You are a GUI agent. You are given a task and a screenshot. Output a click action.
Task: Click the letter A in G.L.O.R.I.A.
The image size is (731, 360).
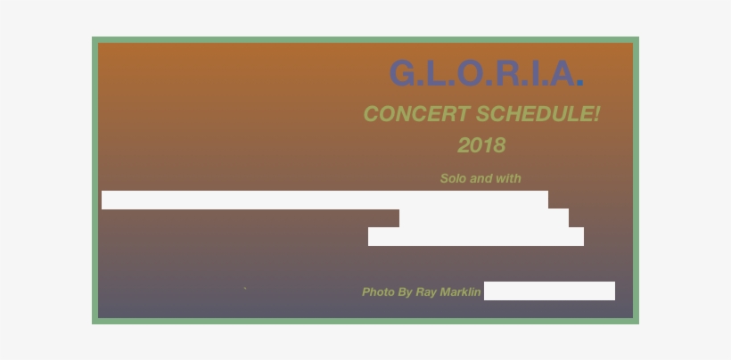(x=563, y=74)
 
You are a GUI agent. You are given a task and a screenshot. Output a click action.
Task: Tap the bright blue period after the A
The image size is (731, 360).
(x=580, y=84)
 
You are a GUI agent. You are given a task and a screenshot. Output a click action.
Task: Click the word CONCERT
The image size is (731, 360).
(x=416, y=115)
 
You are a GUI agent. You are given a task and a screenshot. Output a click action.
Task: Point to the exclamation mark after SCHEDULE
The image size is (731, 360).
(x=596, y=115)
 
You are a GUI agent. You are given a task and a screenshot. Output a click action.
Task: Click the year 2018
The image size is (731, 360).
(x=481, y=145)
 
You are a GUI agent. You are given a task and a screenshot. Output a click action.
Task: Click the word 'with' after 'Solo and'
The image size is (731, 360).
(x=509, y=178)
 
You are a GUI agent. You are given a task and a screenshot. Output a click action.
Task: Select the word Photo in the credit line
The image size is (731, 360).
(x=378, y=292)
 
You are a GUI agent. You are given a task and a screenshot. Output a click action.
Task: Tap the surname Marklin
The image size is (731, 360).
(x=461, y=292)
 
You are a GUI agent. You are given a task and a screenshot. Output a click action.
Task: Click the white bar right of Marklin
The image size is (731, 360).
(x=549, y=291)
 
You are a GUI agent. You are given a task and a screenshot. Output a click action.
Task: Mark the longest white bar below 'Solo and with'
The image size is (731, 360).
(x=324, y=200)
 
